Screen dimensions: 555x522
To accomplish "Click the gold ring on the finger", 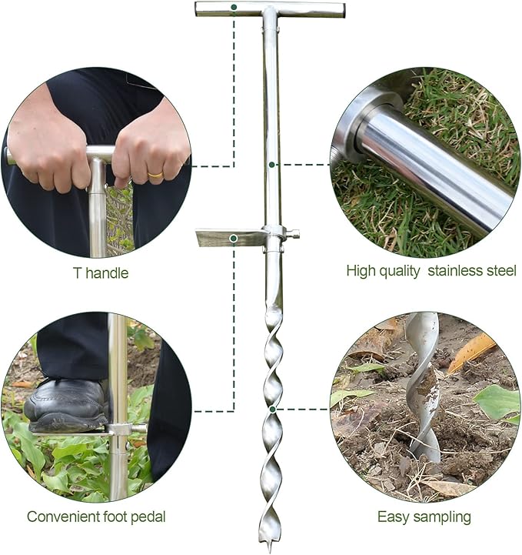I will [x=155, y=176].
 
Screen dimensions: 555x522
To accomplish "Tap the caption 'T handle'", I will [x=98, y=272].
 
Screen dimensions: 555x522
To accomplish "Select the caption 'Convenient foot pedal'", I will [x=96, y=517].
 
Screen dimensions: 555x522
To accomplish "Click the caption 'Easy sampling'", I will [x=424, y=517].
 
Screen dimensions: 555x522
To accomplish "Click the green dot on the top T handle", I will [x=234, y=8].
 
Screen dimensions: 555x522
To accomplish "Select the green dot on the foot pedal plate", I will [x=234, y=239].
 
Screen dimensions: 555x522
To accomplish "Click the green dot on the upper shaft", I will [x=272, y=164].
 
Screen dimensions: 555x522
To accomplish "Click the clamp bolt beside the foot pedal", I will [x=293, y=233].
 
